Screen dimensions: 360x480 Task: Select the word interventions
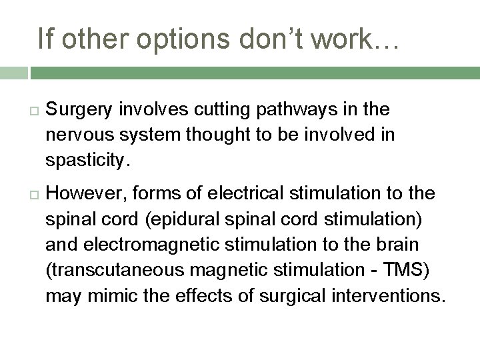pyautogui.click(x=386, y=295)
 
